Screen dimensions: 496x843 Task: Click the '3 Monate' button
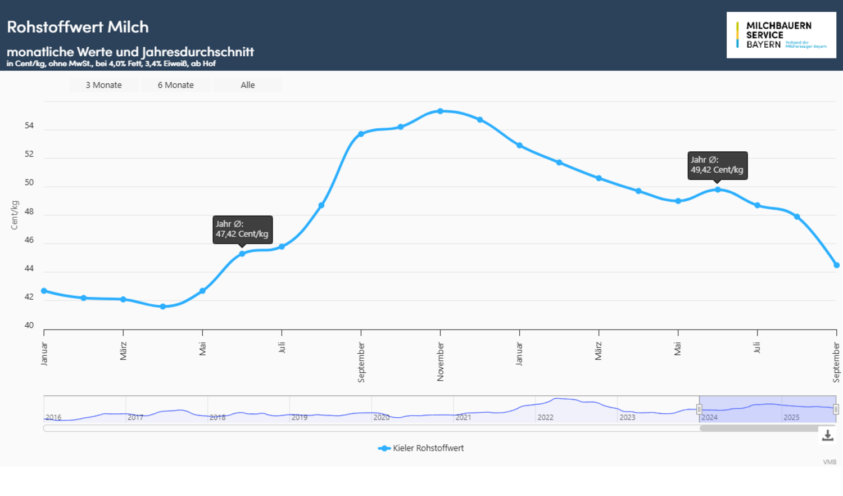(x=103, y=85)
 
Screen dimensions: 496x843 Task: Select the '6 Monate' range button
(x=175, y=85)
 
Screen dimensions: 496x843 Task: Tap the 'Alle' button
(x=247, y=85)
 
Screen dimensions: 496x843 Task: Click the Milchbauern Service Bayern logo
(x=781, y=35)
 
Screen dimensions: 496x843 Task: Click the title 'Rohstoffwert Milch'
(x=78, y=27)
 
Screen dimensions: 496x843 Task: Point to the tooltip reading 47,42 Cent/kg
(x=242, y=229)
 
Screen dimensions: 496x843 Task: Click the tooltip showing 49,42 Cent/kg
(x=717, y=165)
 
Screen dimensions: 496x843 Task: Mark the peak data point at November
(x=440, y=111)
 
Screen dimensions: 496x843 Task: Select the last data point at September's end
(x=836, y=265)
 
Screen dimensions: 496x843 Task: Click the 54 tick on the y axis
(x=29, y=125)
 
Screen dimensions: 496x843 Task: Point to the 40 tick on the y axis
(x=29, y=325)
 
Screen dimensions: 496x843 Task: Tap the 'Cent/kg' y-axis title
(x=15, y=215)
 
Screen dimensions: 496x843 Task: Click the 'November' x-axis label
(x=441, y=362)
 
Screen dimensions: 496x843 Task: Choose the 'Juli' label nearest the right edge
(x=757, y=348)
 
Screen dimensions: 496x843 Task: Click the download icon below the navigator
(x=827, y=435)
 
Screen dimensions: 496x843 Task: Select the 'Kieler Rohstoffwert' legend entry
(x=422, y=448)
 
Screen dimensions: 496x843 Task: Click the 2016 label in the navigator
(x=53, y=417)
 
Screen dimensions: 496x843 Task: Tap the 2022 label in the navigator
(x=545, y=417)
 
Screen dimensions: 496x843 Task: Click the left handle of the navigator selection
(x=699, y=409)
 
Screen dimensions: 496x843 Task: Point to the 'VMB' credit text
(x=830, y=462)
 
